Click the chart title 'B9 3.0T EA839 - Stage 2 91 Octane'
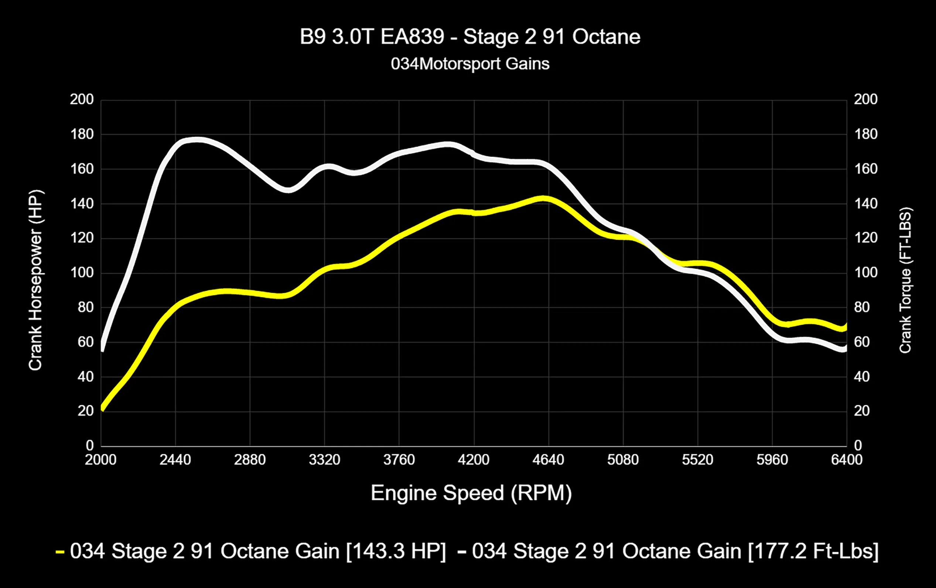point(469,37)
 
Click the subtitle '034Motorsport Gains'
point(470,64)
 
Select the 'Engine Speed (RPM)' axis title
point(471,493)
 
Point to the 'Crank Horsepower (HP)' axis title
point(35,280)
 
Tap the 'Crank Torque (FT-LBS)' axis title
point(905,280)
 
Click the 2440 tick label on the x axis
point(175,460)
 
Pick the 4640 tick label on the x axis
point(548,460)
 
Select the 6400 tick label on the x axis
point(847,460)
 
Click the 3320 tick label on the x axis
point(324,460)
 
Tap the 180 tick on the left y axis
point(82,134)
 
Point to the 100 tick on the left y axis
point(82,273)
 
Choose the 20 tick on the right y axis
point(862,411)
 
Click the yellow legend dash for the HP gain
point(60,552)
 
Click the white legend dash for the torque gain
point(462,552)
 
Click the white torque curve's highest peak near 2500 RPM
point(198,140)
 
